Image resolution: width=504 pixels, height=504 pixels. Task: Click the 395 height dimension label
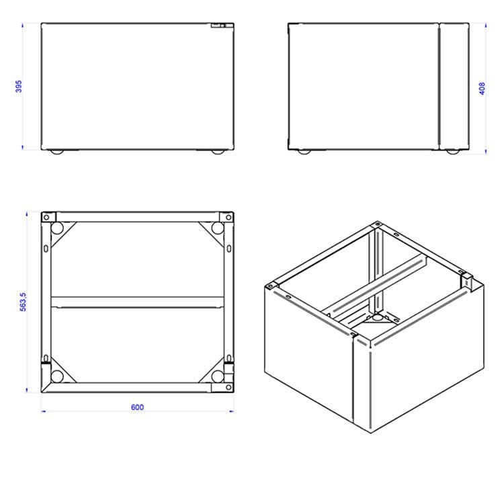(x=19, y=86)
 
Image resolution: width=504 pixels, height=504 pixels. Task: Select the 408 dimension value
(x=482, y=89)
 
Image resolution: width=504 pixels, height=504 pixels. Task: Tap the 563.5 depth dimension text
(x=23, y=302)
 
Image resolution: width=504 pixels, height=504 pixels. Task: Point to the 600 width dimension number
(x=137, y=407)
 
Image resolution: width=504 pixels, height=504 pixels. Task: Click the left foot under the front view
(x=57, y=152)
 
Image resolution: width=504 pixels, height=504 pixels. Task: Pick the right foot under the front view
(x=218, y=152)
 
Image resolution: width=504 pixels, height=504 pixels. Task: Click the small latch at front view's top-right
(x=218, y=26)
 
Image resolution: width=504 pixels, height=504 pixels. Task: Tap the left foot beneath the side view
(x=304, y=152)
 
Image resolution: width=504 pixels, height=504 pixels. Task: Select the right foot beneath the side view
(x=453, y=152)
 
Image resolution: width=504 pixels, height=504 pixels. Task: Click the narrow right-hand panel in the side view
(x=454, y=86)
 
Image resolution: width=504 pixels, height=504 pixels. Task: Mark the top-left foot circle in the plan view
(x=57, y=228)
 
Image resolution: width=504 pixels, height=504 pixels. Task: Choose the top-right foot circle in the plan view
(x=218, y=228)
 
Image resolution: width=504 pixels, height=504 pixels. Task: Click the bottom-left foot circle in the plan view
(x=57, y=376)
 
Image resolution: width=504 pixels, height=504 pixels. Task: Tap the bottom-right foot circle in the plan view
(x=218, y=376)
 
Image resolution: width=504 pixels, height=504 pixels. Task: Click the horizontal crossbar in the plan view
(x=137, y=302)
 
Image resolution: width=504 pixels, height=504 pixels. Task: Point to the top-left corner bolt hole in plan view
(x=46, y=218)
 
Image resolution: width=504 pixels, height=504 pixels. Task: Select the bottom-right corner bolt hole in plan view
(x=228, y=387)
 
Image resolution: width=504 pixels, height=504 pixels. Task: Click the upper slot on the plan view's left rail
(x=46, y=249)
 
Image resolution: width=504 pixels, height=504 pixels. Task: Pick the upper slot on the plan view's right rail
(x=229, y=249)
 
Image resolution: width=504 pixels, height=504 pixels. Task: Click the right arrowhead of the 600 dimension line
(x=231, y=411)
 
